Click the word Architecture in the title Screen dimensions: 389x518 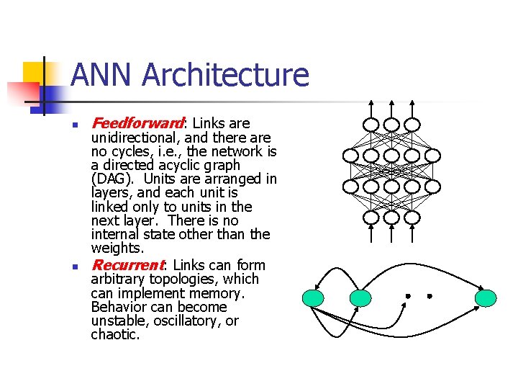[225, 76]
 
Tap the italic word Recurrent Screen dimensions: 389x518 [128, 265]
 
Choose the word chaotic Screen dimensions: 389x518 [115, 334]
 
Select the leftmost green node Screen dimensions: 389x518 [314, 298]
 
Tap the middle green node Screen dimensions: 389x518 [360, 298]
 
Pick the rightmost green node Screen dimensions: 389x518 [486, 298]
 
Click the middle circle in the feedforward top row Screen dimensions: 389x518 [391, 125]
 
